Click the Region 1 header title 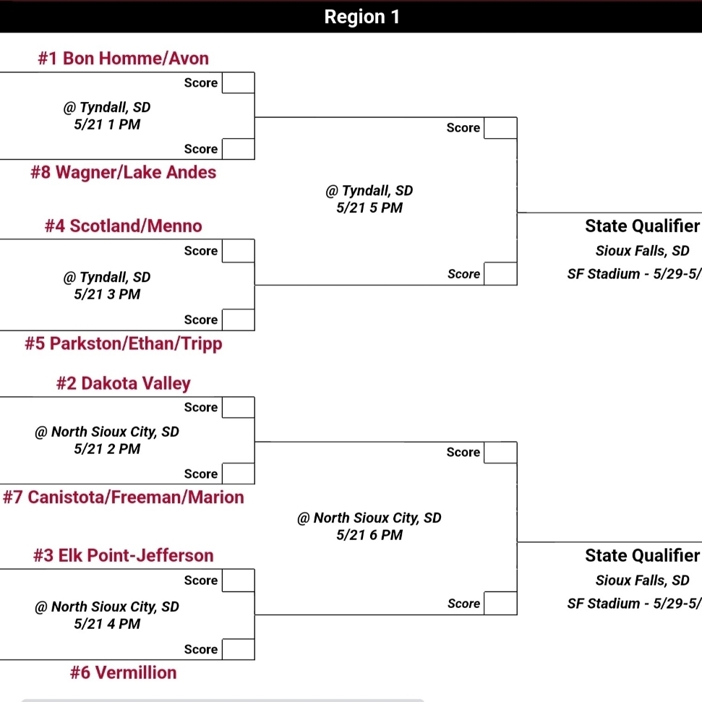tap(361, 17)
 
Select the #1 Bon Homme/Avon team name tap(123, 58)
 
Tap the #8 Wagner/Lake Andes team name tap(123, 172)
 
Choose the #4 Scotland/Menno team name tap(123, 226)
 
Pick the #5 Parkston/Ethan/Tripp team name tap(123, 343)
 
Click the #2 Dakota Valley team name tap(123, 383)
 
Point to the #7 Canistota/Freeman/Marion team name tap(123, 497)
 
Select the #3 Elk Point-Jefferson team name tap(123, 556)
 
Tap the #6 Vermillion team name tap(123, 673)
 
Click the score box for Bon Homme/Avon tap(238, 83)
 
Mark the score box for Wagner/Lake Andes tap(238, 149)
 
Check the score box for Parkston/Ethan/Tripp tap(238, 320)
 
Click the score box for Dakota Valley tap(238, 408)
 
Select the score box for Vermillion tap(238, 649)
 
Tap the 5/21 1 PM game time tap(107, 124)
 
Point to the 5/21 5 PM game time tap(369, 208)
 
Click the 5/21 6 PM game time tap(369, 536)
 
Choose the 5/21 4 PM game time tap(107, 624)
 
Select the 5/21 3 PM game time tap(107, 294)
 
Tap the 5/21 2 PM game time tap(107, 449)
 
